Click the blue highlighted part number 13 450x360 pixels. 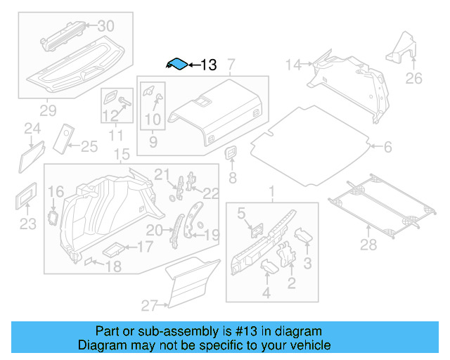178,64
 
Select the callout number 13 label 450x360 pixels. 209,65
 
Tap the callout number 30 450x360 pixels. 105,25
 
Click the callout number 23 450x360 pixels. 27,224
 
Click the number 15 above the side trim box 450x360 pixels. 121,155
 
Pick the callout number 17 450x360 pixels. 144,247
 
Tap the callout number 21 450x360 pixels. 162,174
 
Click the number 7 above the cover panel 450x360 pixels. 231,64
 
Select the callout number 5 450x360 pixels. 240,213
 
